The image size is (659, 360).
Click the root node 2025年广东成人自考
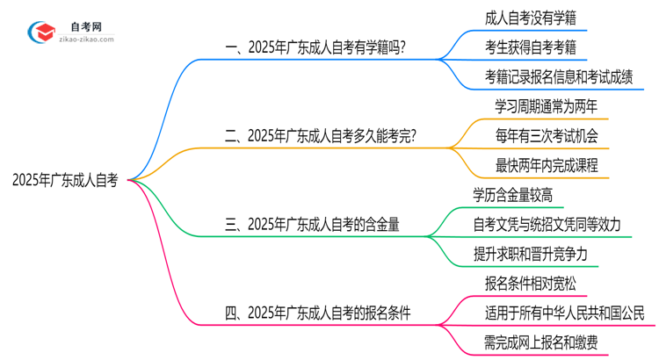[x=65, y=181]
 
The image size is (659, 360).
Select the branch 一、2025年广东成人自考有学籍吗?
[x=315, y=49]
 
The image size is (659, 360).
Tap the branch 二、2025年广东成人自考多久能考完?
[x=321, y=136]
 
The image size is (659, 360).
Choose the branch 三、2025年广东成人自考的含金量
[x=313, y=225]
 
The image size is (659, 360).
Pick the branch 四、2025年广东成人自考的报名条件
[x=318, y=312]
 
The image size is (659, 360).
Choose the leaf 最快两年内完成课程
[x=547, y=164]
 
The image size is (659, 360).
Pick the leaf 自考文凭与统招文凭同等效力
[x=547, y=224]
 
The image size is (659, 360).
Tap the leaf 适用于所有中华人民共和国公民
[x=564, y=312]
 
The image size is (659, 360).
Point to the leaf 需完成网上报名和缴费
[x=542, y=341]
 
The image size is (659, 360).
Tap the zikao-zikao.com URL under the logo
[x=88, y=40]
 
